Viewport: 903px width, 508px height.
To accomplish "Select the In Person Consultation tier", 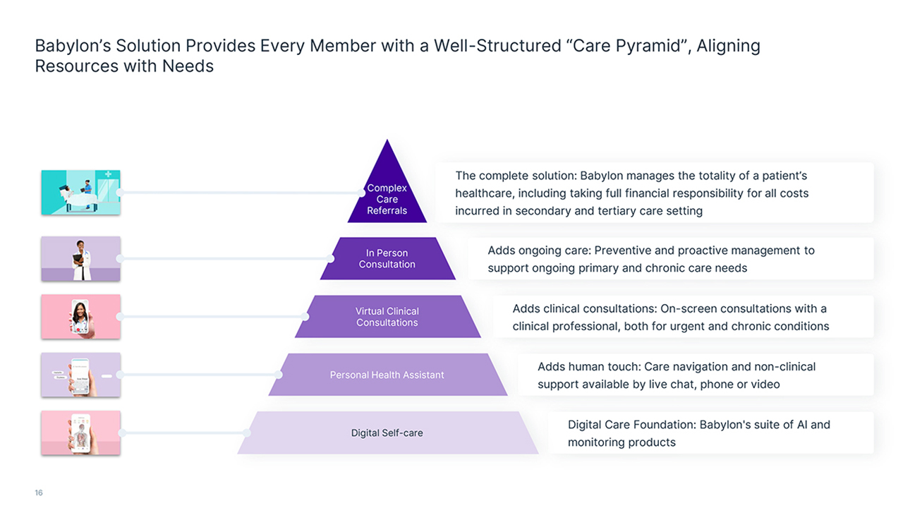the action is (x=387, y=258).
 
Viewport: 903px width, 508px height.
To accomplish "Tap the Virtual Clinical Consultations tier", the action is (x=387, y=317).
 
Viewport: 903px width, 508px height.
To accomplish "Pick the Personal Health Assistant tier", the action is (x=387, y=375).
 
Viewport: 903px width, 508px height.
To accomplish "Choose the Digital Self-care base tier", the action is (x=387, y=433).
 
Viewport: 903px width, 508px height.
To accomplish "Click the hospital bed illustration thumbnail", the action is (x=80, y=193).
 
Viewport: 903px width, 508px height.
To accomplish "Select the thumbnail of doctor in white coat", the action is (x=80, y=258).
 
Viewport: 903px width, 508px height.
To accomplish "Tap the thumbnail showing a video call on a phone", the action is (x=80, y=317).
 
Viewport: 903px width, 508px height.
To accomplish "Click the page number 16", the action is (x=39, y=492).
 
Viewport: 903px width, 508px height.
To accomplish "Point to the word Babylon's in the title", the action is (x=73, y=46).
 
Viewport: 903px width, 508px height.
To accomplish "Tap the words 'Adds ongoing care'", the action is (x=538, y=250).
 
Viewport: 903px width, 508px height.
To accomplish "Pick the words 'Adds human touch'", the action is (x=588, y=367).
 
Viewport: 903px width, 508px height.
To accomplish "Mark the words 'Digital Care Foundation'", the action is (x=631, y=425).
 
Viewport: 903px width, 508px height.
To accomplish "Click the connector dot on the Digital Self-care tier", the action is (x=247, y=433).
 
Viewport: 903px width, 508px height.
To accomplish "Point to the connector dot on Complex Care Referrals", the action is (x=362, y=193).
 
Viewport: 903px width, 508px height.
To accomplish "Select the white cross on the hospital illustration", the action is (x=108, y=174).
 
